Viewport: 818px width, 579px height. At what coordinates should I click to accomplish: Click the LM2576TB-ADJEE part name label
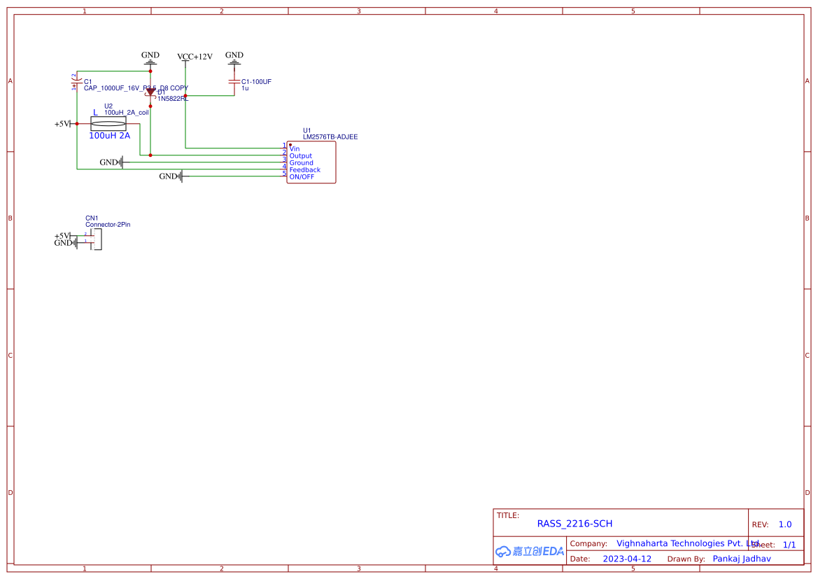click(x=330, y=137)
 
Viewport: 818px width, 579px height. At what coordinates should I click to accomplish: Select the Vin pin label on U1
click(x=295, y=149)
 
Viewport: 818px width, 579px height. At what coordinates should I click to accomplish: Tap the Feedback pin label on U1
click(x=304, y=170)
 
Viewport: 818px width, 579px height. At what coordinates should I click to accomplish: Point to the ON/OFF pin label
click(x=302, y=177)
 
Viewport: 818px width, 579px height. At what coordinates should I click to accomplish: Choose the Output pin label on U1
click(x=301, y=156)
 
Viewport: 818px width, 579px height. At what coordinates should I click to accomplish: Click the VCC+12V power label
click(x=195, y=57)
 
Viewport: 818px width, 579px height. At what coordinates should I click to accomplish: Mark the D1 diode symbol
click(x=150, y=92)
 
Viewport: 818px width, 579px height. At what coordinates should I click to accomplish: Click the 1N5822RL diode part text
click(x=172, y=99)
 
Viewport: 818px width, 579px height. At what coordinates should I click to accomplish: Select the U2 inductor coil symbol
click(x=108, y=124)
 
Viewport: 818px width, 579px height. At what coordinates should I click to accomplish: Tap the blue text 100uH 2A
click(x=109, y=136)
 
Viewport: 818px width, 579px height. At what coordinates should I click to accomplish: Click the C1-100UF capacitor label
click(x=256, y=82)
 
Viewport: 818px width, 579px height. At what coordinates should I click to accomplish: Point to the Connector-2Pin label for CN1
click(x=108, y=225)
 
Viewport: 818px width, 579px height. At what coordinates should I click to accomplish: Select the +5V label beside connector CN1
click(x=62, y=236)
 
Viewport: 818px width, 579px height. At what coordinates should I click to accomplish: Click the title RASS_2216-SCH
click(x=574, y=524)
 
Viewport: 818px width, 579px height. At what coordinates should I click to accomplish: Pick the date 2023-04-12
click(x=627, y=559)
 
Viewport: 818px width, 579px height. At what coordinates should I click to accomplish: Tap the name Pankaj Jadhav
click(x=742, y=559)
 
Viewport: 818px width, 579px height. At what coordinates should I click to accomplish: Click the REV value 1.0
click(x=785, y=524)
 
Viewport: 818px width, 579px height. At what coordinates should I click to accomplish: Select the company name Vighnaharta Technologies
click(x=686, y=543)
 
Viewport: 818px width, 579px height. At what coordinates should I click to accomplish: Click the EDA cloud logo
click(x=530, y=551)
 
